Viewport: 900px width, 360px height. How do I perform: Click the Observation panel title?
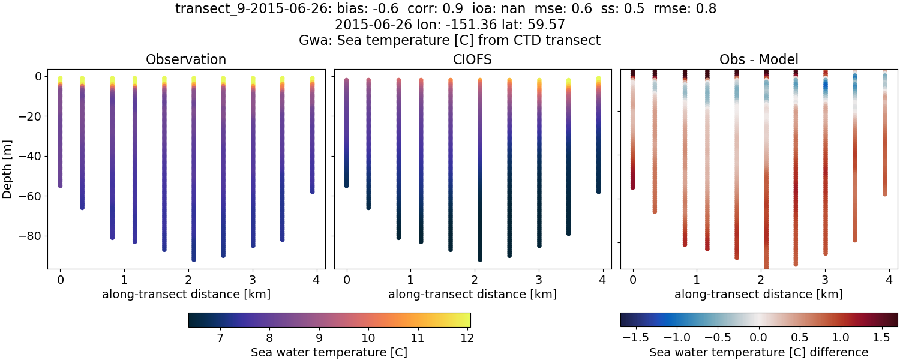(x=186, y=59)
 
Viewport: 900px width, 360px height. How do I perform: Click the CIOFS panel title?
(x=472, y=59)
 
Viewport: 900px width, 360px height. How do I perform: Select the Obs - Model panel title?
(x=758, y=59)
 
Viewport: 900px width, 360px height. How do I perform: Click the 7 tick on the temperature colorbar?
(x=220, y=338)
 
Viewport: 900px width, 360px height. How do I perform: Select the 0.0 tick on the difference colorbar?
(x=759, y=338)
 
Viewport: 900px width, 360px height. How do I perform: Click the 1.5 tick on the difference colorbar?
(x=881, y=338)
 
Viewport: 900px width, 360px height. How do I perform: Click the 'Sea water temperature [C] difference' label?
(x=758, y=352)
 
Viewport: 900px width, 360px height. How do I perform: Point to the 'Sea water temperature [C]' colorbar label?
(x=329, y=352)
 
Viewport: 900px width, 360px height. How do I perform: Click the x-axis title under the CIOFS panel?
(x=472, y=294)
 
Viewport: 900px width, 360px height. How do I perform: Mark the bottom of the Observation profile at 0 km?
(x=60, y=185)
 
